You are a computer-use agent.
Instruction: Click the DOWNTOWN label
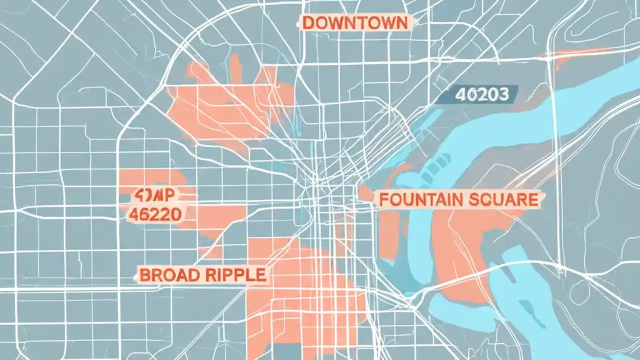click(x=355, y=22)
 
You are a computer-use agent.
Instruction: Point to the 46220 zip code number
click(x=155, y=214)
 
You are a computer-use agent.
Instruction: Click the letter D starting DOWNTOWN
click(x=308, y=23)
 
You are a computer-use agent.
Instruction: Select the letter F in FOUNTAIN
click(x=384, y=199)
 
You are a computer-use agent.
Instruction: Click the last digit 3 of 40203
click(x=503, y=94)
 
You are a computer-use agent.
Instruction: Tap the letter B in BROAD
click(x=144, y=275)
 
